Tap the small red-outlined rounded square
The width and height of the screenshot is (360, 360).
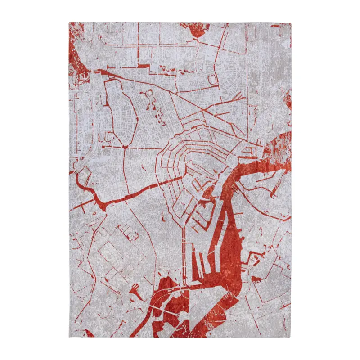tap(212, 81)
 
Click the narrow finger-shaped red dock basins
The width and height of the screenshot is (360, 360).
tap(201, 265)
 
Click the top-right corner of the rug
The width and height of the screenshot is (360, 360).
tap(291, 22)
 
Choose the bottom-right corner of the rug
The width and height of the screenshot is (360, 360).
tap(291, 337)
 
